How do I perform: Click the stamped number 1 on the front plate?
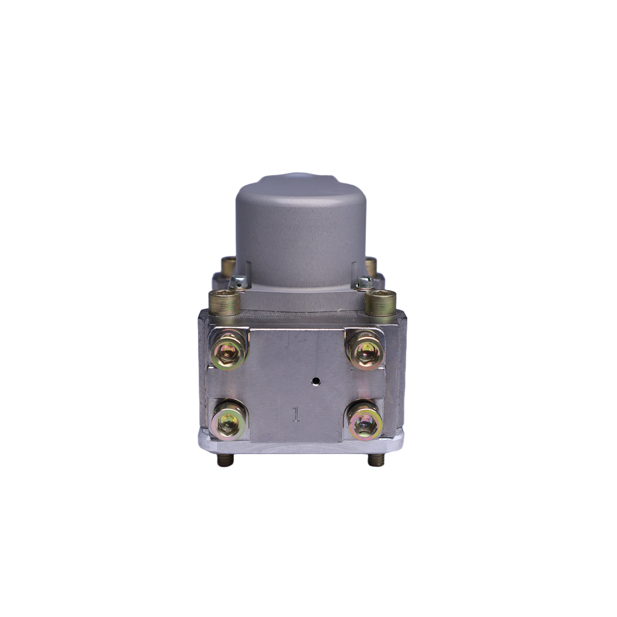295,414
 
